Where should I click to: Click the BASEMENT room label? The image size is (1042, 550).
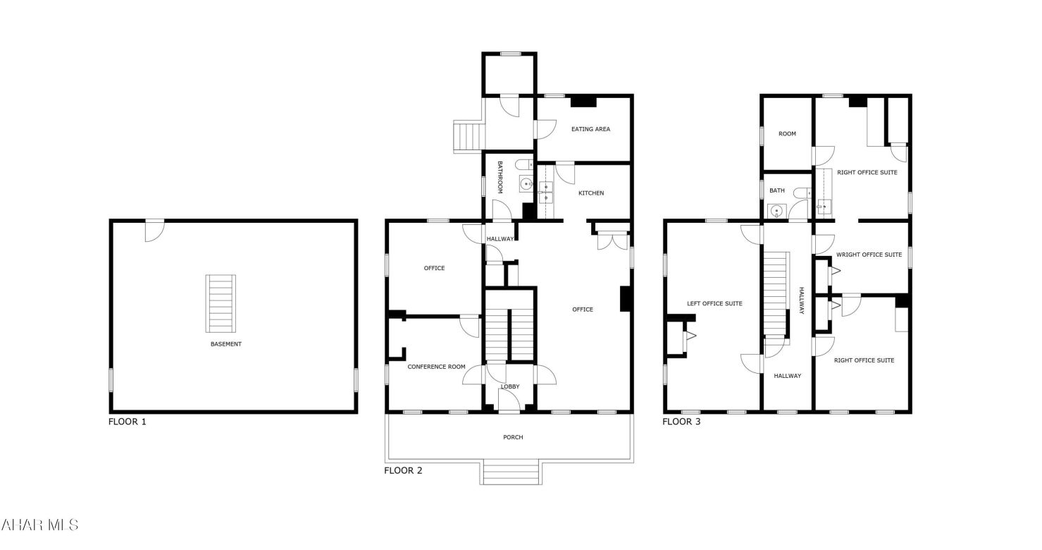pos(225,344)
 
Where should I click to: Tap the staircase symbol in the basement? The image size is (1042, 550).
pos(221,303)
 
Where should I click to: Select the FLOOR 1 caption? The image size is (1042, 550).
pos(127,422)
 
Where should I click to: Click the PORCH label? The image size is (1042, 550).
pos(513,437)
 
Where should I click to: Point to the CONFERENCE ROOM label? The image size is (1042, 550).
pos(436,367)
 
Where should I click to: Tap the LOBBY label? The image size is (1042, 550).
pos(510,386)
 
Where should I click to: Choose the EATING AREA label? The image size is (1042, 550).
pos(590,129)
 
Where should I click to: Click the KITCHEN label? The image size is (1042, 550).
pos(590,193)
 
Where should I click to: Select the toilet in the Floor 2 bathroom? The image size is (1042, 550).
pos(523,165)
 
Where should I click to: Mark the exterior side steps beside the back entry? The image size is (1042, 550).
pos(466,137)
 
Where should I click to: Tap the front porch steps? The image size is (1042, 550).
pos(511,472)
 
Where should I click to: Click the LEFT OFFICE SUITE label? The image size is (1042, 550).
pos(714,304)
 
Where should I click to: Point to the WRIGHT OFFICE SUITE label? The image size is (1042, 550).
pos(869,255)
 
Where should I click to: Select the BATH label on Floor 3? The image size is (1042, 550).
pos(776,190)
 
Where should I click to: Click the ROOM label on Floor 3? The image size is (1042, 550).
pos(787,134)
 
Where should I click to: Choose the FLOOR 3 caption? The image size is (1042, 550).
pos(681,422)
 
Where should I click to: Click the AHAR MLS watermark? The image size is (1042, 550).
pos(40,525)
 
